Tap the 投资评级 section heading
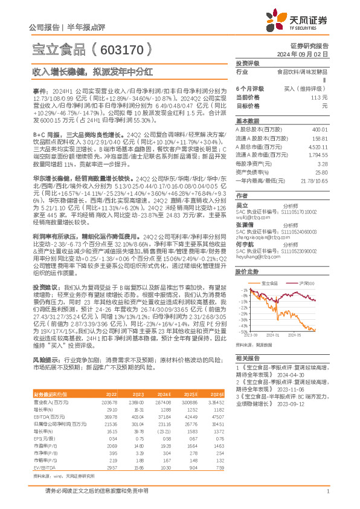247,63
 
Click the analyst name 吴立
242,206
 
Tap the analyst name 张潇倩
245,222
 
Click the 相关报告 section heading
247,358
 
